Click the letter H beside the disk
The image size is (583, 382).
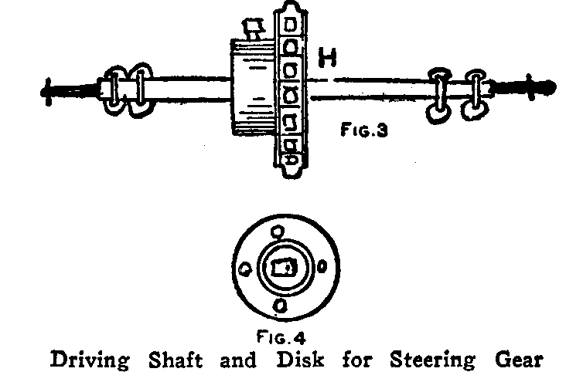327,59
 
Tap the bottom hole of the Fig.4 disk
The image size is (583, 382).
280,306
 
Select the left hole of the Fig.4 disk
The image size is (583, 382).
244,269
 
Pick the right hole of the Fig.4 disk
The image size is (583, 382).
321,267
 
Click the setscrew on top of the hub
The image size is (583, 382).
253,29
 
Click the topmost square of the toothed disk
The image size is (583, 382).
290,25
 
